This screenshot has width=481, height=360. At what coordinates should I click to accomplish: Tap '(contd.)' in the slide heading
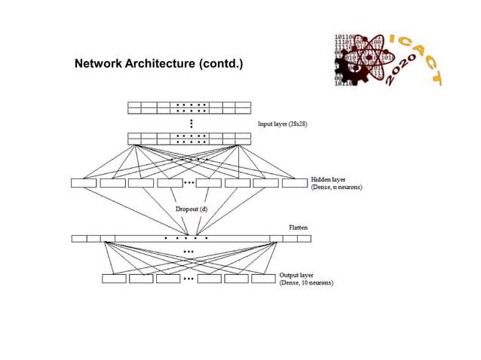tap(220, 65)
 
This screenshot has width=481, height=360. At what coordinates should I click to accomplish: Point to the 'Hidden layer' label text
tap(329, 179)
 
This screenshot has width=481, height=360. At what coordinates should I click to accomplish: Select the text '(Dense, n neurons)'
tap(337, 188)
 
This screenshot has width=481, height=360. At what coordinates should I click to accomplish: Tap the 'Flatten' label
tap(299, 227)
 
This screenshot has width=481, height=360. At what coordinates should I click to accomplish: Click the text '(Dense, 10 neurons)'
tap(307, 283)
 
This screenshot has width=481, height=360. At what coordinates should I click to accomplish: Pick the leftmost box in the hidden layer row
tap(84, 182)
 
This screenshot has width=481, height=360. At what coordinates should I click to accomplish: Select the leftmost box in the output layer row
tap(114, 279)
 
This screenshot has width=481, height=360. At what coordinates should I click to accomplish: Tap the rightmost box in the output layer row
tap(263, 279)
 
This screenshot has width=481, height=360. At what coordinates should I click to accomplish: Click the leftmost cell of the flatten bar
tap(79, 239)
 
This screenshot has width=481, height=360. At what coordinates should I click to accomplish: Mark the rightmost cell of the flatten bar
tap(304, 239)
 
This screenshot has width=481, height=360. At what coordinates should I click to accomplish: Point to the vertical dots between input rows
tap(191, 123)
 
